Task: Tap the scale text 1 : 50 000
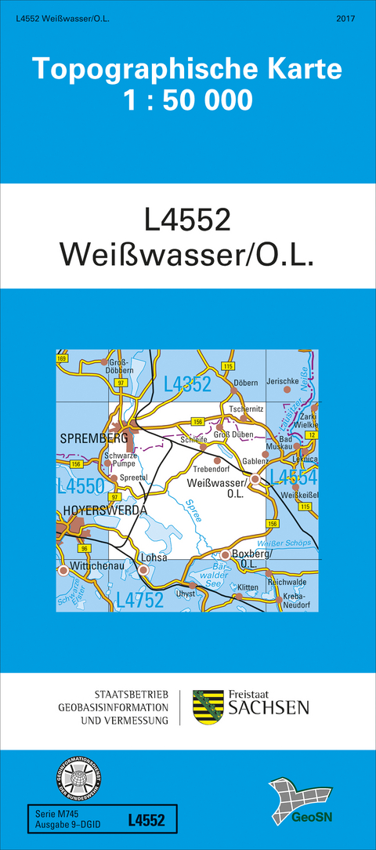pyautogui.click(x=187, y=100)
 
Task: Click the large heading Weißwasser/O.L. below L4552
pyautogui.click(x=187, y=257)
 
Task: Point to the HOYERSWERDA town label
pyautogui.click(x=102, y=510)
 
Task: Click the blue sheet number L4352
pyautogui.click(x=188, y=383)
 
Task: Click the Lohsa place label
pyautogui.click(x=152, y=558)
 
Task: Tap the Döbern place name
pyautogui.click(x=245, y=382)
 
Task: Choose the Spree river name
pyautogui.click(x=197, y=512)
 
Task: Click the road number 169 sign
pyautogui.click(x=62, y=358)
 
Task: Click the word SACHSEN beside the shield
pyautogui.click(x=268, y=709)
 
